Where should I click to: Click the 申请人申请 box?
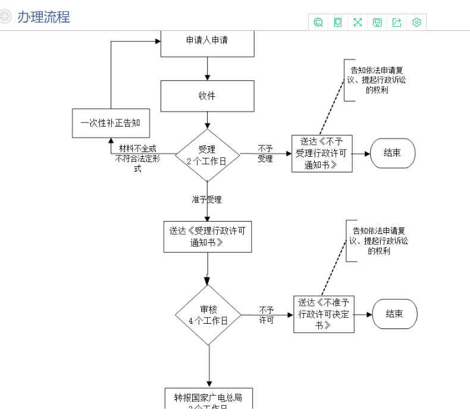207,42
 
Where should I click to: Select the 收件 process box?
207,96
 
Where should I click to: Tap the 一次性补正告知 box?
110,123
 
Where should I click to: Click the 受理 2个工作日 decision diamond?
207,155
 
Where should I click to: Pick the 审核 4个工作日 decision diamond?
208,315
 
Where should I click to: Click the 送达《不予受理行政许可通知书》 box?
322,153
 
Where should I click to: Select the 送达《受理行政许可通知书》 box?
207,236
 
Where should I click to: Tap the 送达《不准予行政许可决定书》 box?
324,314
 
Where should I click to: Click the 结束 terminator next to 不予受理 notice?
392,153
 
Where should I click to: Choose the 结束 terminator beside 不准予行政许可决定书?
394,314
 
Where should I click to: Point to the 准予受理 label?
206,200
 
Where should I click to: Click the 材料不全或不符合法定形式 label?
137,158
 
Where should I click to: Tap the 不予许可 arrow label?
266,315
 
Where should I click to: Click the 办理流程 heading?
43,17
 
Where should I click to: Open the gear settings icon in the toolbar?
416,23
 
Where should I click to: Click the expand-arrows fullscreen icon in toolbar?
358,23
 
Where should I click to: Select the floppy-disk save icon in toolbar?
377,23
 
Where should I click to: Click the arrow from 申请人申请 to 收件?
207,68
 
